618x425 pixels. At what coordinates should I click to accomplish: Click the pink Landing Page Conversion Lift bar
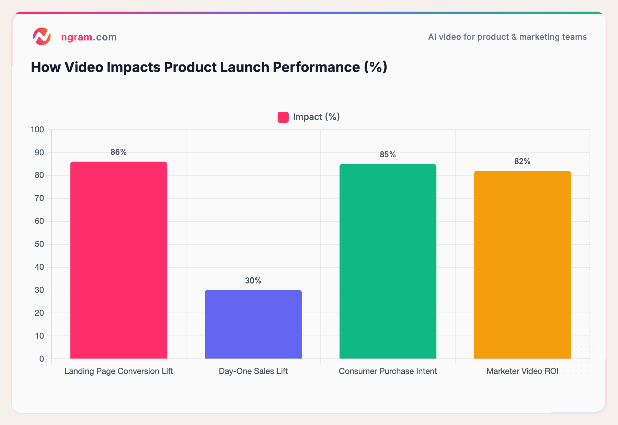click(x=119, y=260)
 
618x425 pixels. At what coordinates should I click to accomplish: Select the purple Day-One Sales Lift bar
click(x=253, y=325)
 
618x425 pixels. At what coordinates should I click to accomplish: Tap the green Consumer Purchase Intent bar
click(x=388, y=262)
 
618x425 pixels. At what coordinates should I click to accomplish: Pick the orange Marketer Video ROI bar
click(x=522, y=265)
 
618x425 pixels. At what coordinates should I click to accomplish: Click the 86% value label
click(x=118, y=152)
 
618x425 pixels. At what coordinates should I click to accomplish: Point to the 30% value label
click(x=253, y=281)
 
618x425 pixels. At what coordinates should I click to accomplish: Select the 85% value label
click(x=388, y=155)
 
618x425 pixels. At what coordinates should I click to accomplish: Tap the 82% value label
click(x=522, y=161)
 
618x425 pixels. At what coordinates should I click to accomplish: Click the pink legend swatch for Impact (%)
click(x=283, y=117)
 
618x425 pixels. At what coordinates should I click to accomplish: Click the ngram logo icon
click(x=42, y=37)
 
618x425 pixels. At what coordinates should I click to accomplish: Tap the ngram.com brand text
click(x=89, y=37)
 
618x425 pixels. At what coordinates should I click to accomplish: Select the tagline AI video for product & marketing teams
click(x=507, y=37)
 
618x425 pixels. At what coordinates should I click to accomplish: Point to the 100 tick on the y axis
click(x=37, y=130)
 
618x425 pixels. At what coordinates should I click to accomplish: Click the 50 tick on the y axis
click(x=39, y=244)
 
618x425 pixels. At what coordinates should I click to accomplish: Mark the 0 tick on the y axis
click(x=42, y=359)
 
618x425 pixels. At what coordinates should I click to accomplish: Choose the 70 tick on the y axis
click(x=39, y=198)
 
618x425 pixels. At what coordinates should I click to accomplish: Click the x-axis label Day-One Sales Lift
click(x=253, y=371)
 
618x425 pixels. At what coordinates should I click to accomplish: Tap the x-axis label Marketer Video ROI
click(x=522, y=371)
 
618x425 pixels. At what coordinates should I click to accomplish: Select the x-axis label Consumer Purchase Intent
click(x=388, y=371)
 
